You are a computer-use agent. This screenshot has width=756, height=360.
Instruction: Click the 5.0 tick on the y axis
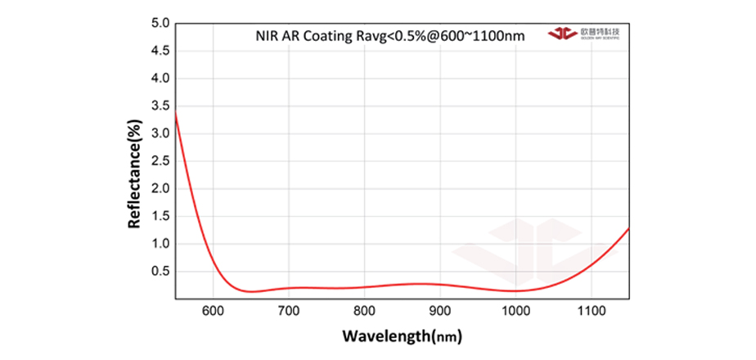point(160,23)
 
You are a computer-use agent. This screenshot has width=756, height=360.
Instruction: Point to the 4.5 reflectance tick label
point(160,51)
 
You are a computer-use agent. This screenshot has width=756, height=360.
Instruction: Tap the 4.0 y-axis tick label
point(160,79)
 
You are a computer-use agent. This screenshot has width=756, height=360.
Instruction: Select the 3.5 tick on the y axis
point(160,106)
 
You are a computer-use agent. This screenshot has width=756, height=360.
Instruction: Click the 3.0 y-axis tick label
point(160,133)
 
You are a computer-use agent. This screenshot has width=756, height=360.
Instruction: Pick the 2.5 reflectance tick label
point(160,161)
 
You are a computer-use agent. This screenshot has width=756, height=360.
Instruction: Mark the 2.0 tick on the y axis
point(160,189)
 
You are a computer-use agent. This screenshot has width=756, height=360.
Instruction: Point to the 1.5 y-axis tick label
point(160,216)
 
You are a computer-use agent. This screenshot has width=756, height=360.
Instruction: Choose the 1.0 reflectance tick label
point(160,244)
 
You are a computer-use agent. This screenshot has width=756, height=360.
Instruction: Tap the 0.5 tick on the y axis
point(160,272)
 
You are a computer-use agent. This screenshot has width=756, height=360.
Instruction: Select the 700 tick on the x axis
point(289,311)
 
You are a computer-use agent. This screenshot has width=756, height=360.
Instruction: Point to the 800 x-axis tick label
point(365,311)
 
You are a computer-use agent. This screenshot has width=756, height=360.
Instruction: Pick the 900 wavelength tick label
point(440,311)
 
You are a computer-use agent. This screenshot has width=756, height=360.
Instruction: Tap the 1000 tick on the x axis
point(515,311)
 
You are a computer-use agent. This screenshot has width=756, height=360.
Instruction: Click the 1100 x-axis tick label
point(591,311)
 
